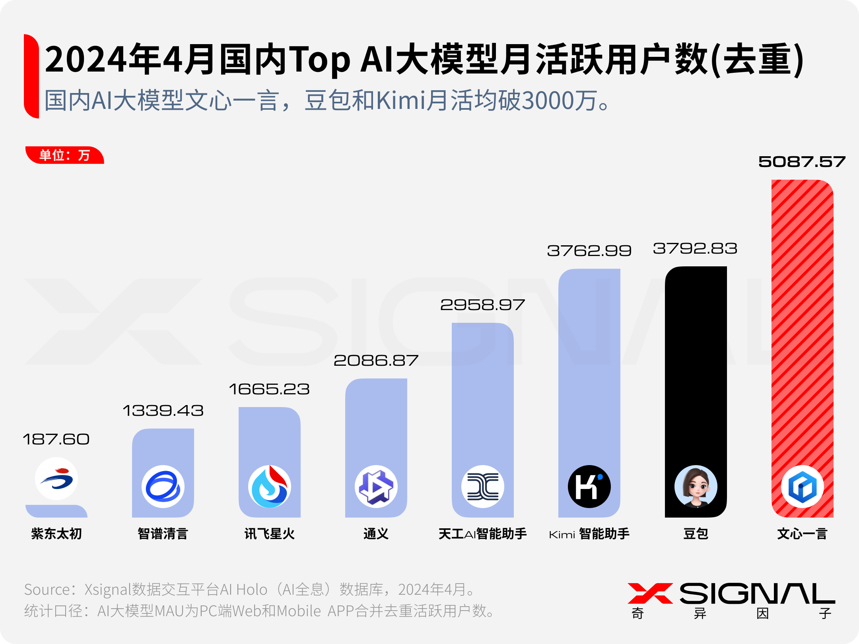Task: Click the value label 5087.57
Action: point(802,162)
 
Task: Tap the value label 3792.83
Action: point(695,249)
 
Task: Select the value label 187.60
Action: point(56,439)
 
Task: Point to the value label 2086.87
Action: point(376,361)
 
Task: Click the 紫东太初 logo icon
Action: point(56,479)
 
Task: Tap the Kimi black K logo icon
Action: point(589,487)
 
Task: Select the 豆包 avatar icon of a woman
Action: point(696,487)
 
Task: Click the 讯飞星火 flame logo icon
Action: point(270,487)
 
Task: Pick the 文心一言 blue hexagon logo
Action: point(802,487)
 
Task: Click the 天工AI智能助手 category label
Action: point(482,534)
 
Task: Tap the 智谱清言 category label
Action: point(163,534)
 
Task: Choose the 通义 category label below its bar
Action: point(376,534)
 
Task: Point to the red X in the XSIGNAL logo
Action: point(650,593)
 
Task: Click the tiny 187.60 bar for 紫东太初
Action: point(56,511)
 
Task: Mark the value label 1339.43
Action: point(163,411)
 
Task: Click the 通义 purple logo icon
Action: point(376,487)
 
